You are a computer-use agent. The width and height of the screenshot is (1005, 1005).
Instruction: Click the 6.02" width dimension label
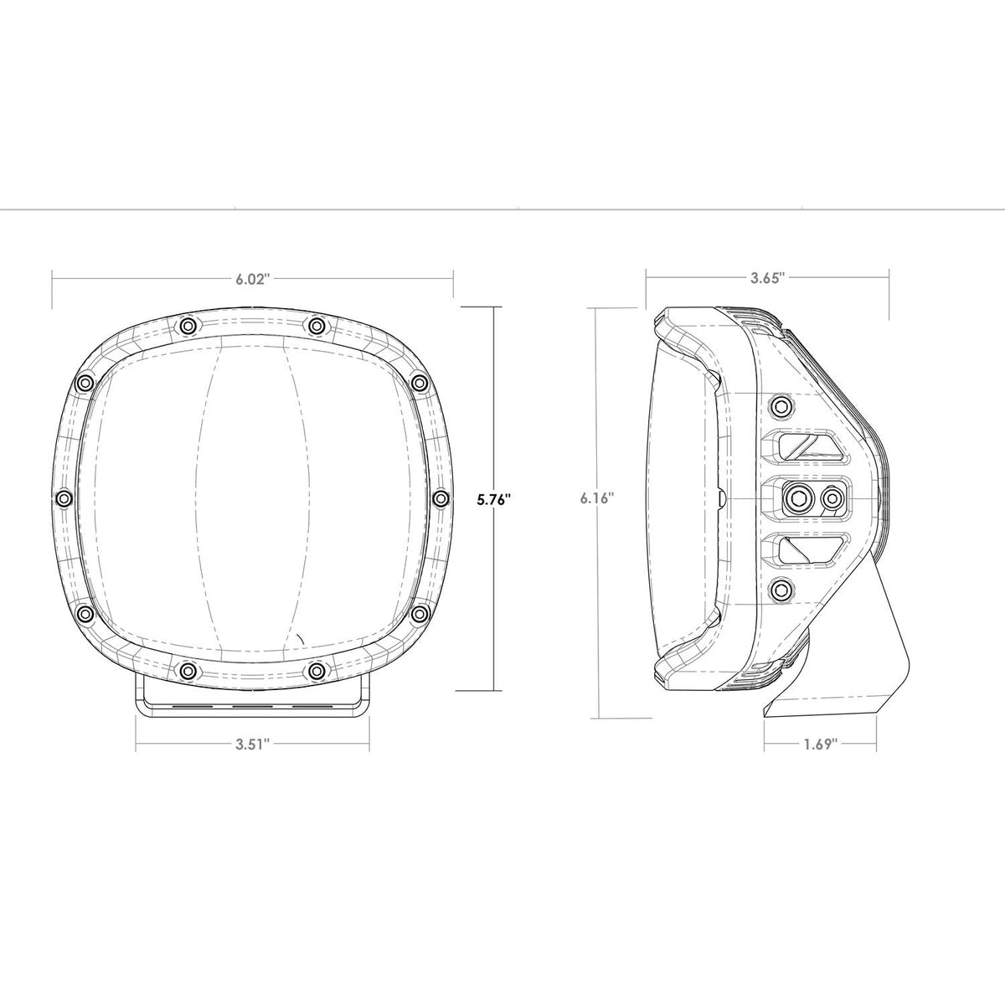[253, 279]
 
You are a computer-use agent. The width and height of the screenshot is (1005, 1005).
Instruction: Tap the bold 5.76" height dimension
[492, 500]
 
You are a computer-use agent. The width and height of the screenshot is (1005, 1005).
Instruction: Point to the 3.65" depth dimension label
[768, 278]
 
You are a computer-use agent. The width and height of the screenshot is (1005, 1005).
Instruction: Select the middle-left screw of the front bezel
[64, 499]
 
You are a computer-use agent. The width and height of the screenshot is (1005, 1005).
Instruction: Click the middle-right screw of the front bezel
[441, 499]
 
